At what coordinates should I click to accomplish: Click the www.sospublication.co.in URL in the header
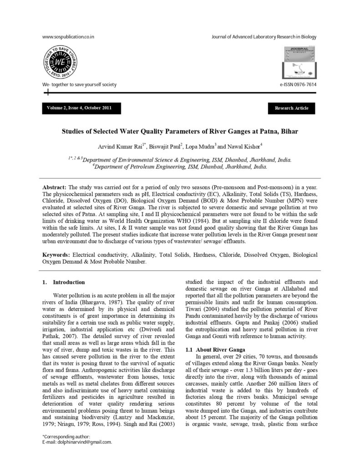tap(68, 37)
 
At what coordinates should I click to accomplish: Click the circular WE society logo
tap(61, 63)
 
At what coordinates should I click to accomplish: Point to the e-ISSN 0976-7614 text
tap(298, 85)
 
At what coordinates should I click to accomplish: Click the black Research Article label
tap(291, 108)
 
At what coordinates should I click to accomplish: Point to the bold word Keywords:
tap(56, 255)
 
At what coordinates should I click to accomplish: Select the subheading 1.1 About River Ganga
tap(211, 349)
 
